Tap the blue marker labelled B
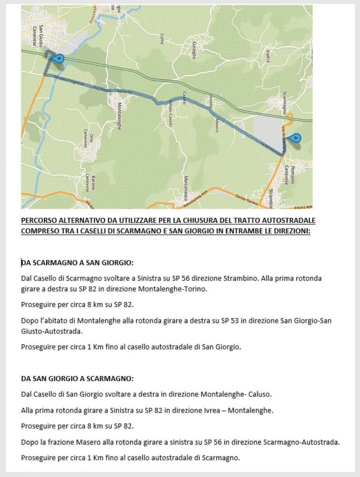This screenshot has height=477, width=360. click(x=58, y=58)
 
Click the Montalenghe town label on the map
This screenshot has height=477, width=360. click(x=119, y=116)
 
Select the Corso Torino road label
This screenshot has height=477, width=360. click(x=247, y=200)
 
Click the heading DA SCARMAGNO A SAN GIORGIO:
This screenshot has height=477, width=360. click(x=77, y=263)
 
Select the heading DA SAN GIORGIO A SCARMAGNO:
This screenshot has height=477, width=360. click(x=77, y=379)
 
